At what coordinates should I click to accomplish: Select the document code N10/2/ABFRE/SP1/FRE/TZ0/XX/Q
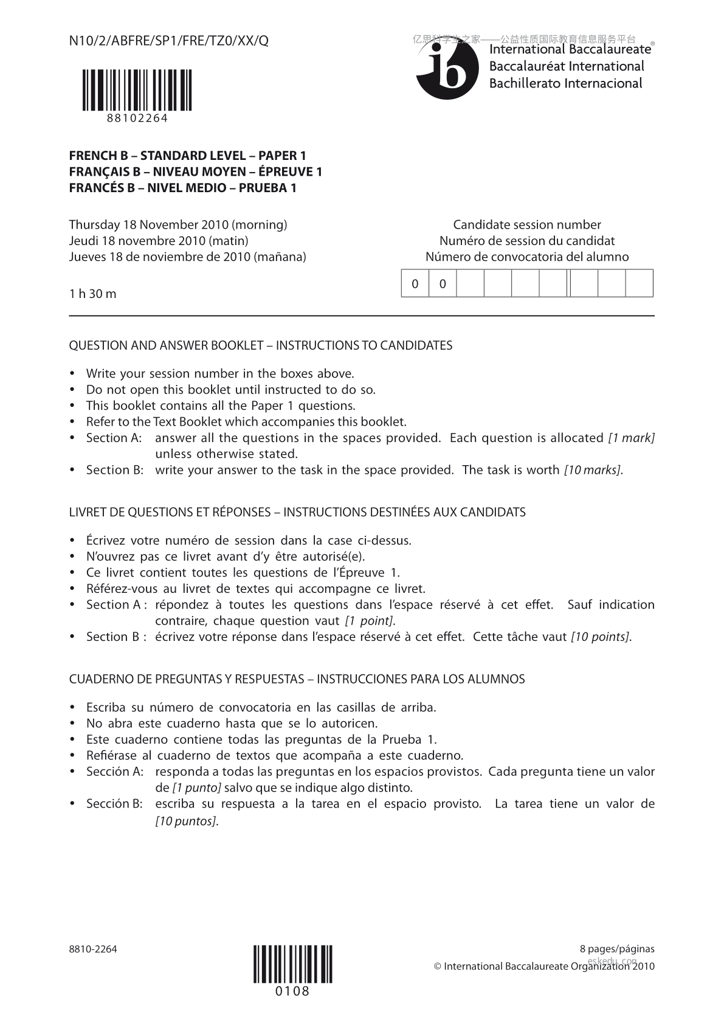(x=168, y=41)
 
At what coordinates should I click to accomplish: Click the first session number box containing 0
(x=415, y=283)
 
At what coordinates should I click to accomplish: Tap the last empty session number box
(x=639, y=283)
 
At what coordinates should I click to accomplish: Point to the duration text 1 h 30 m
(x=93, y=294)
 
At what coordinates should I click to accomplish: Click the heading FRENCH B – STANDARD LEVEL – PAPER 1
(x=187, y=156)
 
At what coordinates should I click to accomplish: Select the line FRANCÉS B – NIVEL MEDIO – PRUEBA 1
(x=182, y=188)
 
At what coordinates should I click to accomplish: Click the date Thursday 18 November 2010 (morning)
(x=178, y=225)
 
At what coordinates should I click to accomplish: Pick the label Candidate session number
(x=527, y=225)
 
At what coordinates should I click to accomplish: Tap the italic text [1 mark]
(x=631, y=438)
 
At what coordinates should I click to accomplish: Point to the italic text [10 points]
(x=600, y=637)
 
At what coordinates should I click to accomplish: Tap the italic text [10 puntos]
(x=186, y=821)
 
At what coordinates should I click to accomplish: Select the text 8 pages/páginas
(x=617, y=949)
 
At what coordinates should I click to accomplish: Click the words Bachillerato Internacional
(x=565, y=83)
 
